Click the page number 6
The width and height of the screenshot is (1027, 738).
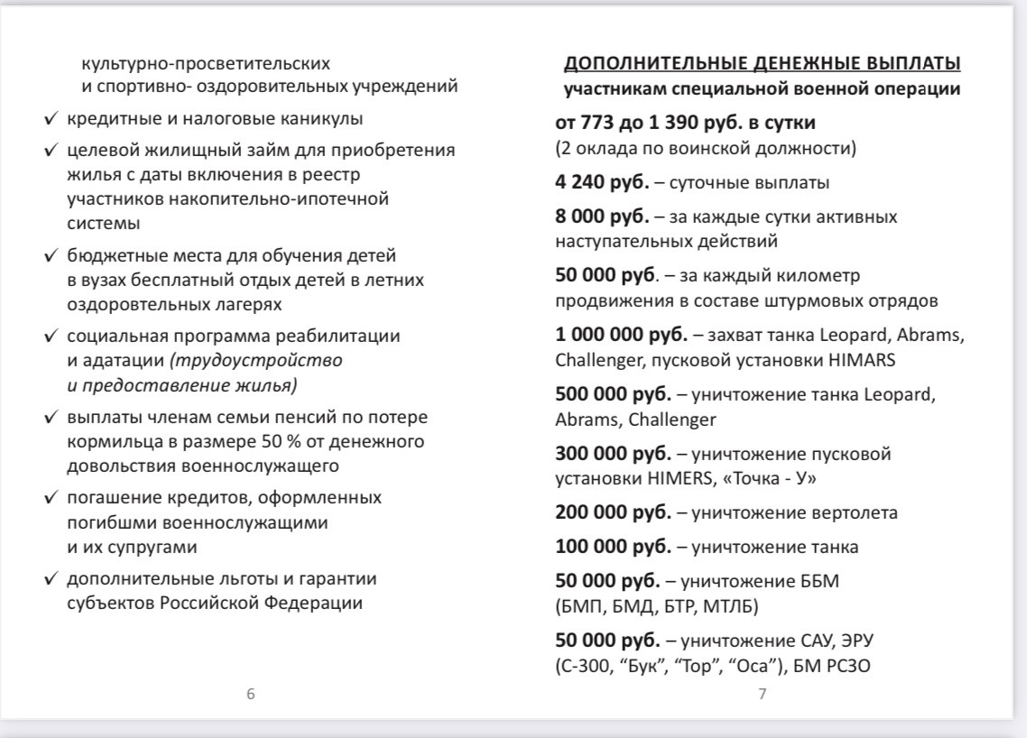coord(251,694)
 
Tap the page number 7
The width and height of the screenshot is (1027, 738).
coord(762,694)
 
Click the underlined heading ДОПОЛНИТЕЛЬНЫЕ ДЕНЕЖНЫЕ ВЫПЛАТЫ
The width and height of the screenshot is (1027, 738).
coord(762,64)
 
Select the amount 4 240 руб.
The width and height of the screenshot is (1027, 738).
coord(600,182)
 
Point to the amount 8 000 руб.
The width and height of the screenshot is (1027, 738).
coord(600,217)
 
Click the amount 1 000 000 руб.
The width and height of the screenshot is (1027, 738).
coord(621,336)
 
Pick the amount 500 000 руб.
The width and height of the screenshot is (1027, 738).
coord(613,395)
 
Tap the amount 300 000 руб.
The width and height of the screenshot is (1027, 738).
coord(613,454)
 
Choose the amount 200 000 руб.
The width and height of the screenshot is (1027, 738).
coord(613,513)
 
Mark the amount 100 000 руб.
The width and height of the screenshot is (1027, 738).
coord(613,548)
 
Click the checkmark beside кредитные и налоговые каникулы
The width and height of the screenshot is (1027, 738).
coord(52,119)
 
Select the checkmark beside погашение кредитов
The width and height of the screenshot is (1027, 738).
coord(52,498)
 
